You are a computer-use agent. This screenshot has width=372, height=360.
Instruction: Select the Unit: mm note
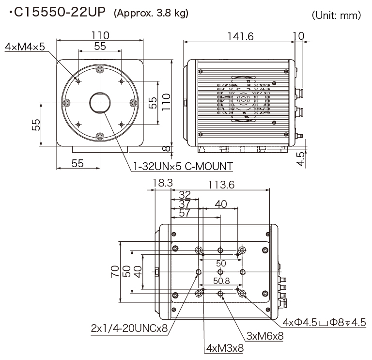tap(337, 16)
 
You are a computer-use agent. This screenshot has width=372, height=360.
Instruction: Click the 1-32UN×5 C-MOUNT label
tap(183, 166)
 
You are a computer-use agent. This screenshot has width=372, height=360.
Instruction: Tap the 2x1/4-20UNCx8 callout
tap(129, 328)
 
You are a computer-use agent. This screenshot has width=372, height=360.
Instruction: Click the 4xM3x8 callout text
tap(224, 348)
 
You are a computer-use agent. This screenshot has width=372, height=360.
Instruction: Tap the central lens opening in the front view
tap(99, 103)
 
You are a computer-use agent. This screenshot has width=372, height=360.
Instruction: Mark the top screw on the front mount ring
tap(99, 69)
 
